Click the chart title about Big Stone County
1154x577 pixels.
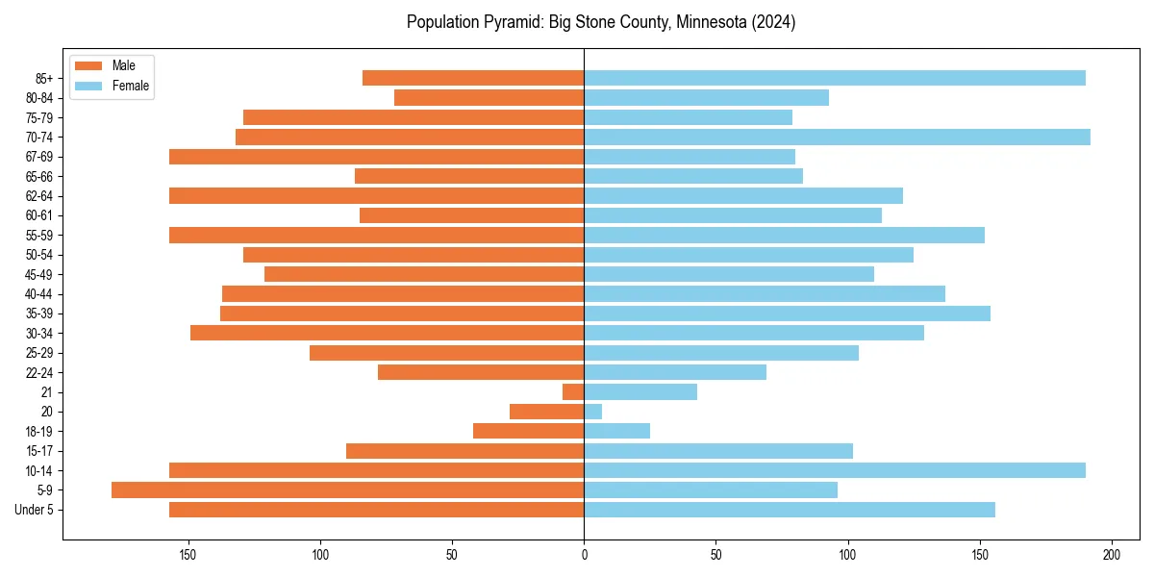pos(600,22)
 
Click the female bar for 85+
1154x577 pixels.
pos(835,78)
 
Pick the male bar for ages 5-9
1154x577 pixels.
pos(347,489)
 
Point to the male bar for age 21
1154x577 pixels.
pos(573,391)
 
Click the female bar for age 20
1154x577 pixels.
pos(592,412)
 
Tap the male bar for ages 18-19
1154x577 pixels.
pos(528,431)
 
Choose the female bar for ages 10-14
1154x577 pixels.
pos(835,470)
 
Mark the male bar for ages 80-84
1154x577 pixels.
pos(489,97)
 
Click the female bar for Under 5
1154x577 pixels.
pos(790,510)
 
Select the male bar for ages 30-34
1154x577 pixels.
pos(387,333)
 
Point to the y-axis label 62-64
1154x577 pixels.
pos(39,195)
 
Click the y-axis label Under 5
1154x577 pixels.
pos(35,510)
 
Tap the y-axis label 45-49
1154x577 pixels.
pos(39,274)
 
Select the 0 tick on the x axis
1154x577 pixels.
pos(584,555)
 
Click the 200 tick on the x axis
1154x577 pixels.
pos(1112,555)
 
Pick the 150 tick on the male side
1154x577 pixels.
pos(188,555)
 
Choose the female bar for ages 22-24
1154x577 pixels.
pos(675,372)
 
